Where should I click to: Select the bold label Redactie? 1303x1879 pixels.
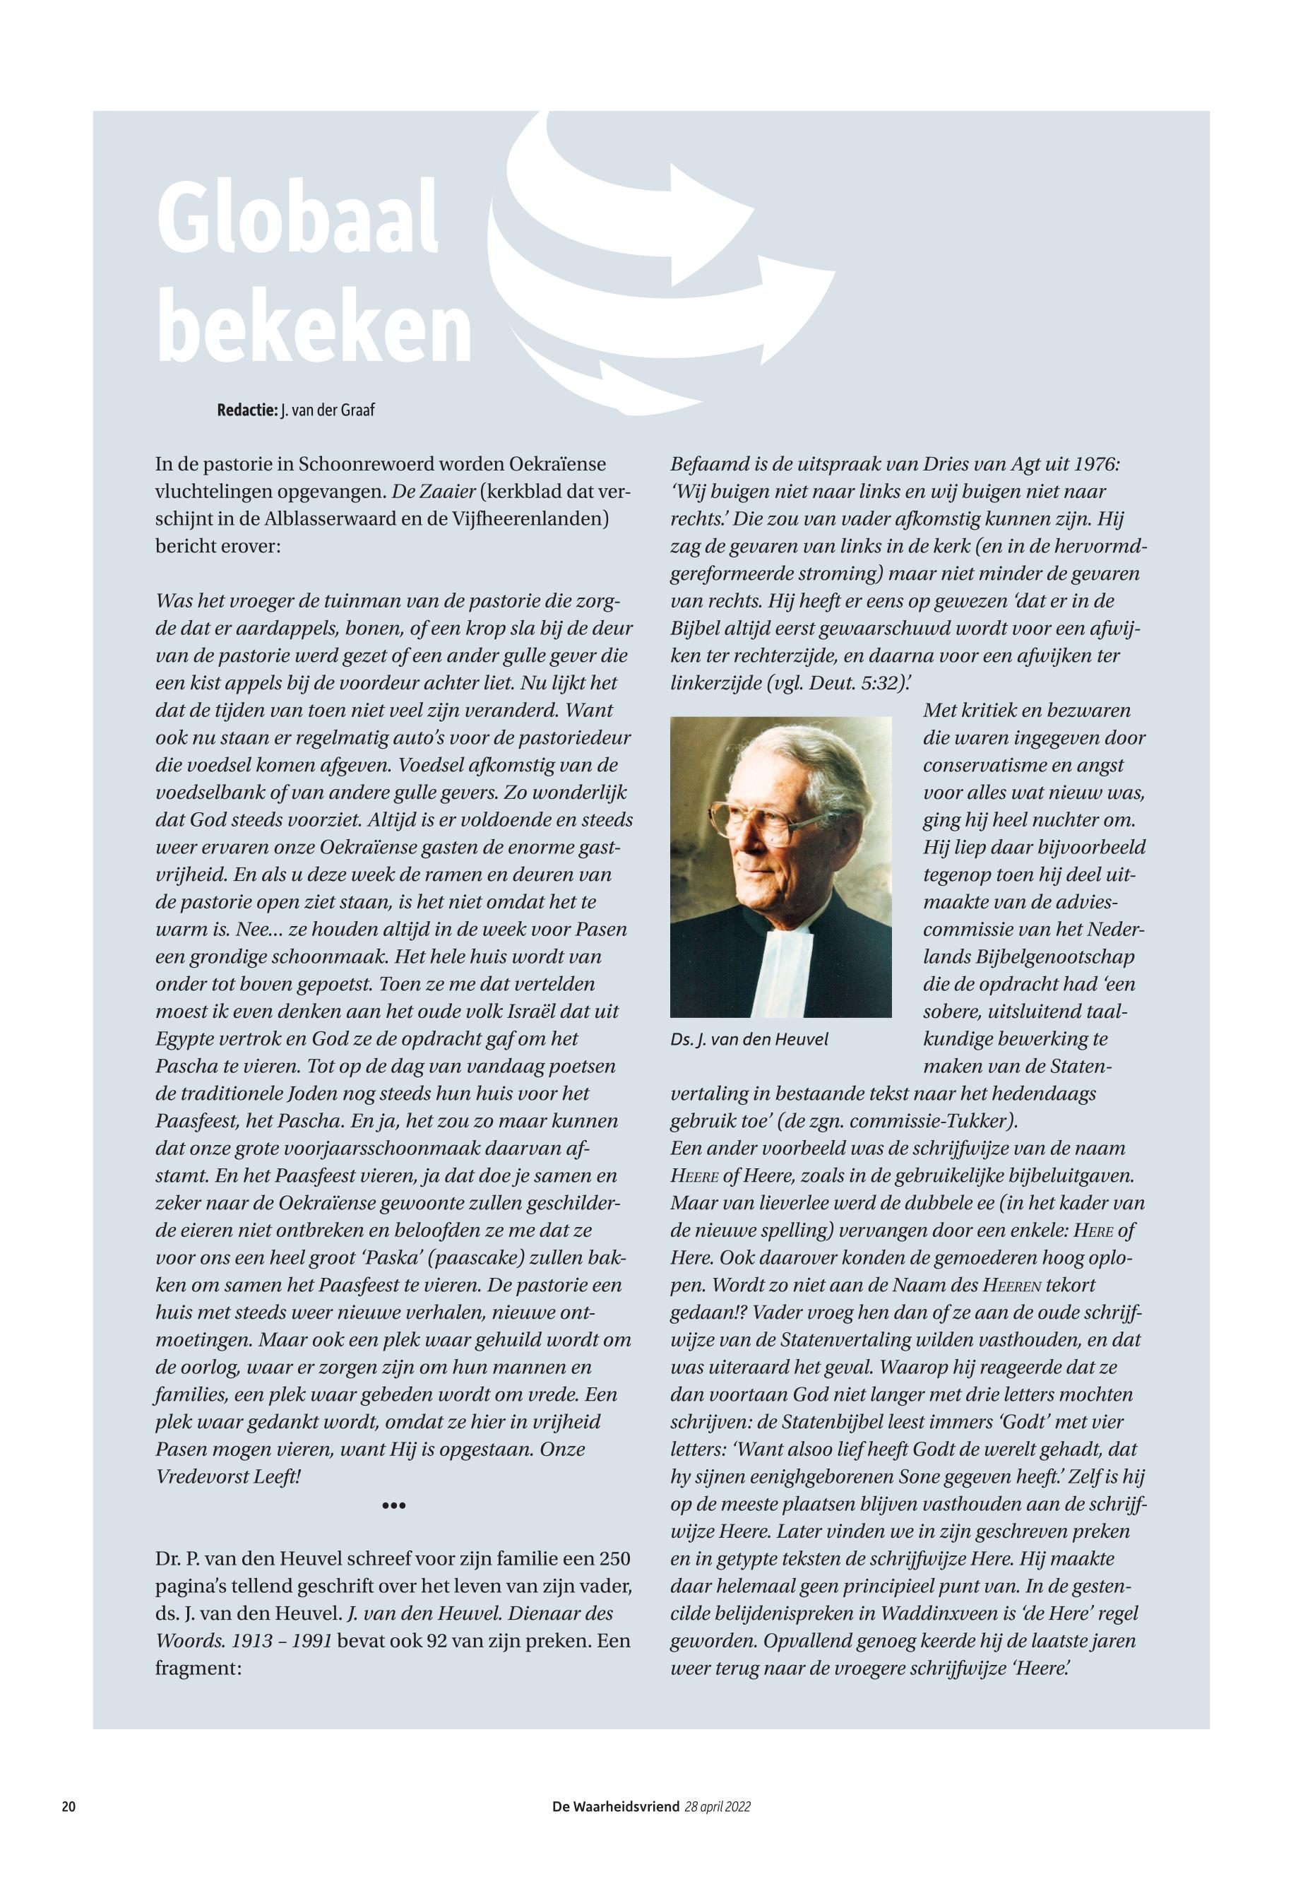247,410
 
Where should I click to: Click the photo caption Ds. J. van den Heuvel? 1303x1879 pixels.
749,1040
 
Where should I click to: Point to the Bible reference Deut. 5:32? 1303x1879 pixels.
844,684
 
